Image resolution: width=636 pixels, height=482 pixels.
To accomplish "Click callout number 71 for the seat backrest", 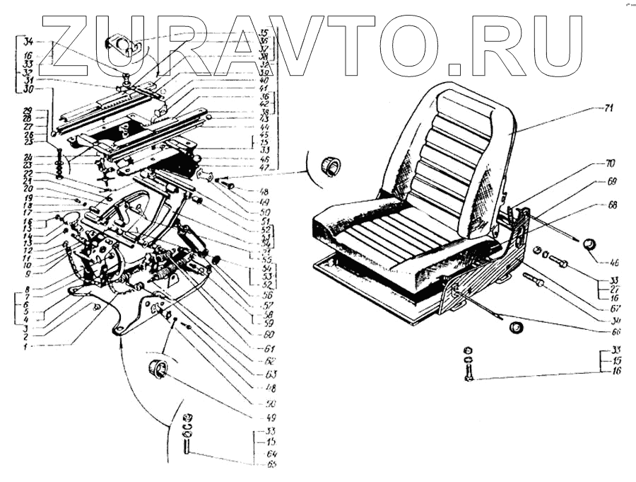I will point(589,108).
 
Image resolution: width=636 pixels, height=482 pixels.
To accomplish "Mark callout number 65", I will point(272,464).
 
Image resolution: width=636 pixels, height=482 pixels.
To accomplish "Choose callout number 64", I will point(272,454).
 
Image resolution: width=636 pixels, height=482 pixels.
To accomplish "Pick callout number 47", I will point(266,169).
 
